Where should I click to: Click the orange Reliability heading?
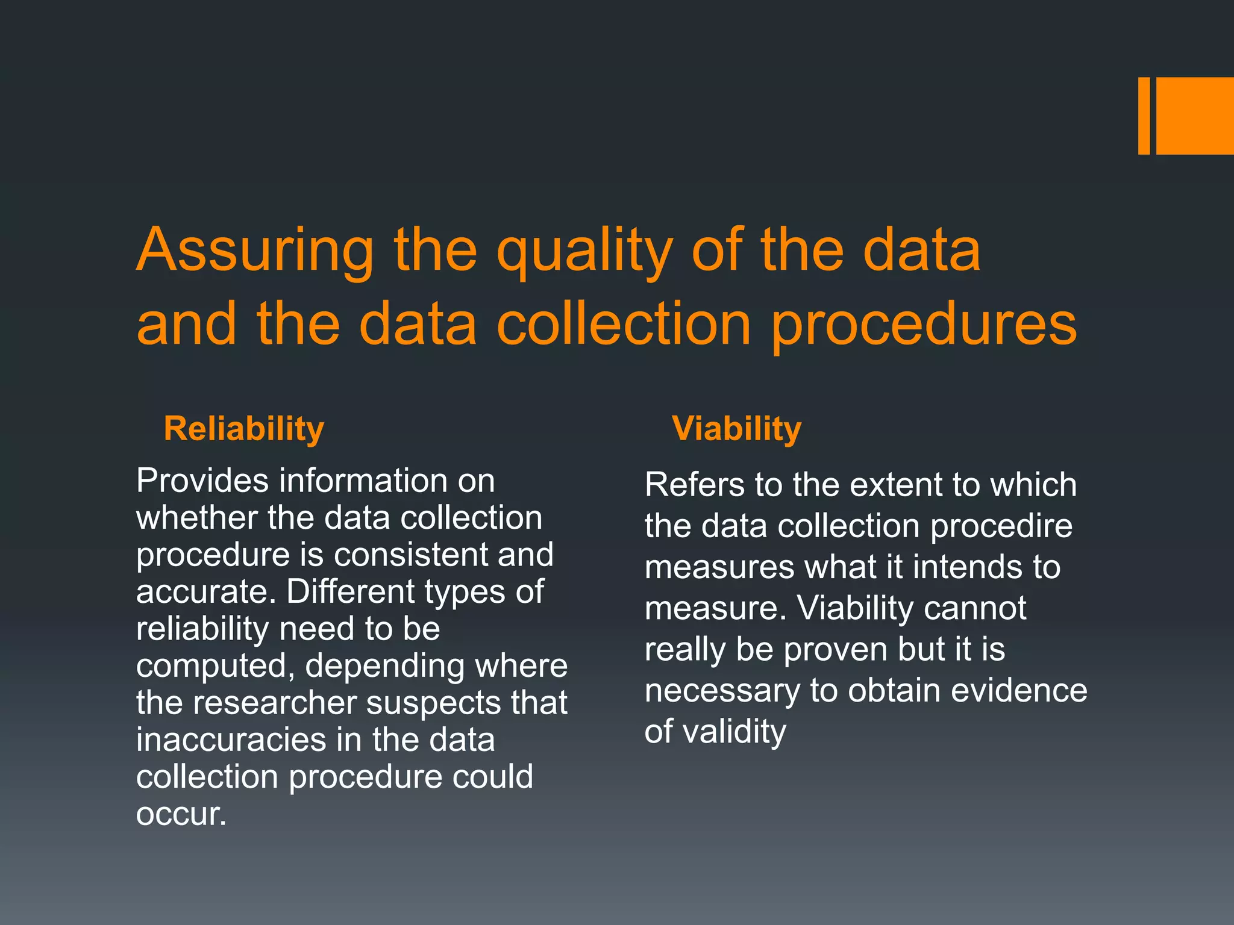(244, 429)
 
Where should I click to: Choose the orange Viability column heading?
(736, 429)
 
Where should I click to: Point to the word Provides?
(202, 481)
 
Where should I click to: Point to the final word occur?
(181, 814)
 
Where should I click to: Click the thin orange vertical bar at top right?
(1144, 116)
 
